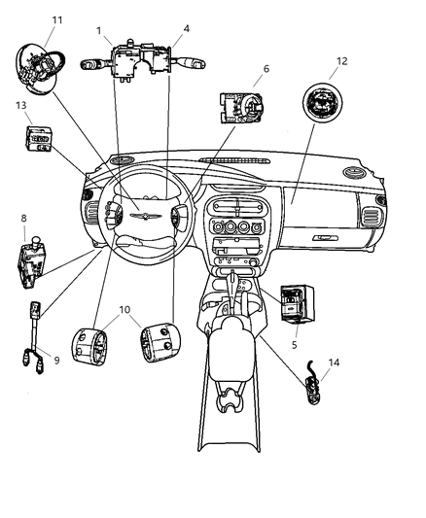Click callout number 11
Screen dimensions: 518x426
pos(56,20)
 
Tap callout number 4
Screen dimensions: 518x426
pos(186,29)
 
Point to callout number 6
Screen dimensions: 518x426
pos(265,70)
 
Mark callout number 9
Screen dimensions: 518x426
pos(55,361)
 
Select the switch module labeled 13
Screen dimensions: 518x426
pos(38,138)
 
